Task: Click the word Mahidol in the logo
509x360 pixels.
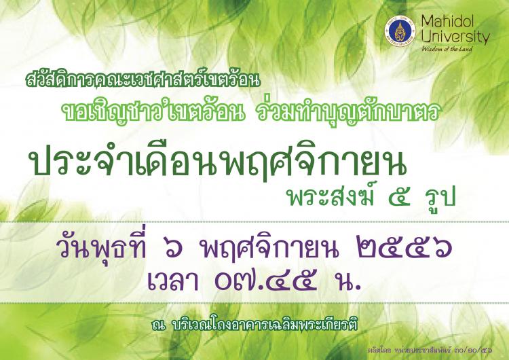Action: point(448,22)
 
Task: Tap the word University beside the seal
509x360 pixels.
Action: point(455,37)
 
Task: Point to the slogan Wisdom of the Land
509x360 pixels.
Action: point(447,49)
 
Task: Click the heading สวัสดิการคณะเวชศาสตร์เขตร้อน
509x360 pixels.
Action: point(143,80)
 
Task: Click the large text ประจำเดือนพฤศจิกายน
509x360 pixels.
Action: point(218,164)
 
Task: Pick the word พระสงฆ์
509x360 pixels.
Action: point(331,197)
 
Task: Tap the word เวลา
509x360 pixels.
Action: point(173,281)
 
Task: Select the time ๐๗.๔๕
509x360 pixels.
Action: point(266,281)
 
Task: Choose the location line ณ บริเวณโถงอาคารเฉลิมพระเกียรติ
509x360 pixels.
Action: point(254,325)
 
